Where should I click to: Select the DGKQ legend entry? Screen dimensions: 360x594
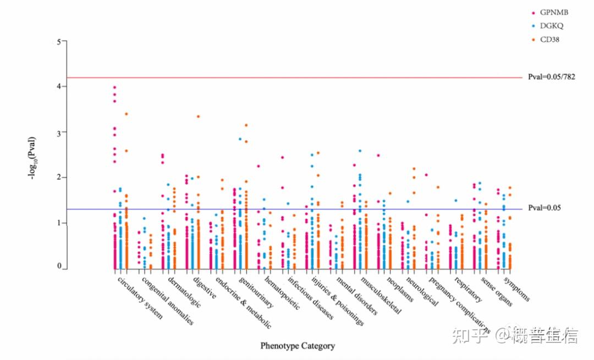pos(551,26)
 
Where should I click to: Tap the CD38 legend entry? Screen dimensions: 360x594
pos(549,40)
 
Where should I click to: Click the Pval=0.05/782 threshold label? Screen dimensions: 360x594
pos(551,77)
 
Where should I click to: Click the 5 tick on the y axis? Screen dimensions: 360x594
pos(58,41)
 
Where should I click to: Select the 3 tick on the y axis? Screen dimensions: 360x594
pos(58,132)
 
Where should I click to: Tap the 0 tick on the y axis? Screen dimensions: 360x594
pos(58,266)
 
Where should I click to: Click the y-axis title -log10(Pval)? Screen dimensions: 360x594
pos(33,158)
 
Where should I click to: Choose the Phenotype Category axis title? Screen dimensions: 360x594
pos(297,346)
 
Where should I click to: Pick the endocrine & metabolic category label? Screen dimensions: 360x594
pos(243,302)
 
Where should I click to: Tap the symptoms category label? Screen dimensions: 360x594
pos(516,289)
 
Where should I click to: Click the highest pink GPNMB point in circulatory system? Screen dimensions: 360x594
pos(114,87)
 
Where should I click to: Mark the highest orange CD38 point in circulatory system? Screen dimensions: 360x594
pos(127,114)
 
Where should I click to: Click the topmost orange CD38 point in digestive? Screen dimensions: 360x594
pos(198,117)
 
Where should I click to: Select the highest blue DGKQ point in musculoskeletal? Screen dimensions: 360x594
pos(360,151)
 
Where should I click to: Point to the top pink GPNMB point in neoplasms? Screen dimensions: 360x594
pos(378,156)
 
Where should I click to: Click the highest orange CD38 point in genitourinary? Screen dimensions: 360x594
pos(246,125)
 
